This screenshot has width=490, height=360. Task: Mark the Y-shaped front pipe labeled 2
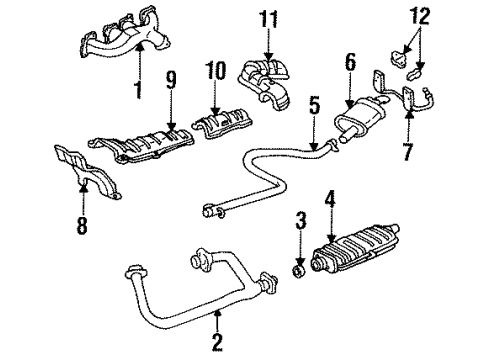195,295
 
